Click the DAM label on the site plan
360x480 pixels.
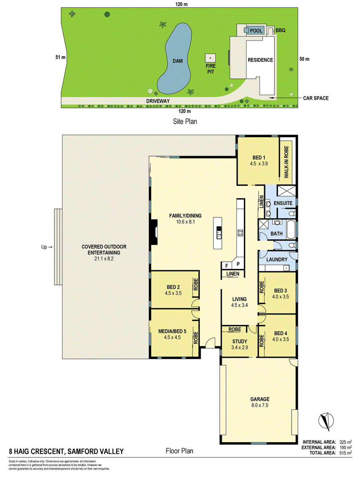click(178, 61)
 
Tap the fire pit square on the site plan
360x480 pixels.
click(210, 58)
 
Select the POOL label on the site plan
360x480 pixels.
click(256, 31)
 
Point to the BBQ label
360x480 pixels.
click(280, 30)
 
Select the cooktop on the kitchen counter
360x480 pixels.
click(240, 233)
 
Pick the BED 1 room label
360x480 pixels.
click(259, 157)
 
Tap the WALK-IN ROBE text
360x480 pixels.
click(286, 162)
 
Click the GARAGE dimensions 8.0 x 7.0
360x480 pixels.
click(260, 405)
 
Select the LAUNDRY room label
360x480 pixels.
click(277, 260)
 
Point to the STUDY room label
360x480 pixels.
click(240, 341)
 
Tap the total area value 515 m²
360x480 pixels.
click(346, 453)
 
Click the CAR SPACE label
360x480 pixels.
click(315, 98)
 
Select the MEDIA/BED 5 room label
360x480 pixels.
click(172, 331)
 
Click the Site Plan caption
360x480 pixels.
click(185, 121)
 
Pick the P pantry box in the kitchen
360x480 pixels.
click(238, 264)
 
